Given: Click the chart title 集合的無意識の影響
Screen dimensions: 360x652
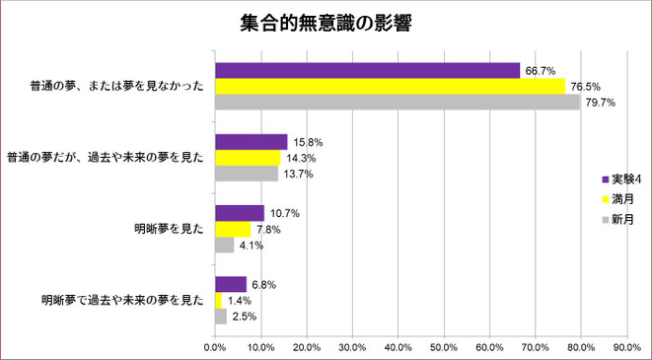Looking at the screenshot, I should click(x=326, y=22).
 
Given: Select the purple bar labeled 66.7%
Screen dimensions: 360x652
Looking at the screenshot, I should click(x=367, y=70).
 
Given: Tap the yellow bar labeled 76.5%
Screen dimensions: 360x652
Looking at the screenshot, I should click(x=390, y=86).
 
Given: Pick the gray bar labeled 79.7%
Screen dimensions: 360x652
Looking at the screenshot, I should click(x=397, y=101).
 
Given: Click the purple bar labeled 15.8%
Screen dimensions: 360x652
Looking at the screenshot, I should click(x=251, y=142).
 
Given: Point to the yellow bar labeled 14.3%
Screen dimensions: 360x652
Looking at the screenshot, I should click(x=248, y=158).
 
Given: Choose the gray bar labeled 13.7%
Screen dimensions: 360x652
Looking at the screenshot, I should click(x=246, y=173).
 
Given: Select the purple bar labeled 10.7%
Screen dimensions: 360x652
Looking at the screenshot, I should click(x=239, y=213).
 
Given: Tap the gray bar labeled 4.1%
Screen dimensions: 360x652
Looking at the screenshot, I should click(x=224, y=245).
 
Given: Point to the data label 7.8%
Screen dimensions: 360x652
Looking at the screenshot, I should click(x=268, y=229).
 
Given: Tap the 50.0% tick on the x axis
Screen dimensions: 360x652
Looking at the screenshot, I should click(x=444, y=347).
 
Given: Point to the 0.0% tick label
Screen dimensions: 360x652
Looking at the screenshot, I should click(x=215, y=347).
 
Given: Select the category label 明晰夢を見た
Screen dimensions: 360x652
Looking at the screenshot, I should click(x=169, y=229).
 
